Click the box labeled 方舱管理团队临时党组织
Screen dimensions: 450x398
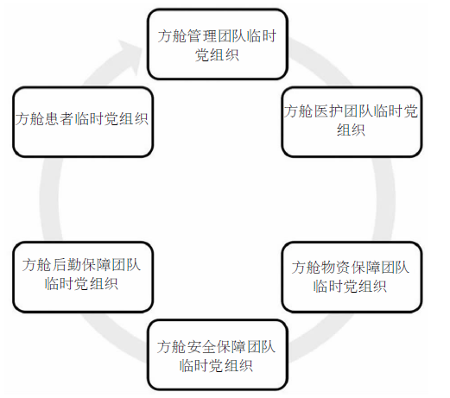pyautogui.click(x=218, y=44)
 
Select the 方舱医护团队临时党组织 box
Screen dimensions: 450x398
pyautogui.click(x=352, y=122)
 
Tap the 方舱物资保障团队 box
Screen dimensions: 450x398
pyautogui.click(x=352, y=277)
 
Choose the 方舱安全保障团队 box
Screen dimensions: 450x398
pyautogui.click(x=218, y=355)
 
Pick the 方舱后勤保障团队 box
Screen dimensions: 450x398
pyautogui.click(x=83, y=277)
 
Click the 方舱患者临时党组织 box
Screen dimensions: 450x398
pyautogui.click(x=83, y=122)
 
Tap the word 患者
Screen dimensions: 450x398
pyautogui.click(x=60, y=119)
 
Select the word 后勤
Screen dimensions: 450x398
pyautogui.click(x=67, y=265)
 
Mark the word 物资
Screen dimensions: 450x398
pyautogui.click(x=336, y=267)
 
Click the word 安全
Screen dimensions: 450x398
pyautogui.click(x=201, y=347)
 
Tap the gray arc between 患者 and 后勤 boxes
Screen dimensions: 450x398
pyautogui.click(x=50, y=199)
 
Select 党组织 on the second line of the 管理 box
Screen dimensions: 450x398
pyautogui.click(x=217, y=55)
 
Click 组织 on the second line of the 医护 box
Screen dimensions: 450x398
pyautogui.click(x=352, y=130)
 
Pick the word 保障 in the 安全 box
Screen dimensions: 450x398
pyautogui.click(x=231, y=347)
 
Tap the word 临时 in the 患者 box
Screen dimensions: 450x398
pyautogui.click(x=89, y=119)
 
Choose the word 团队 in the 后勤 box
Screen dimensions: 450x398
pyautogui.click(x=126, y=265)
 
